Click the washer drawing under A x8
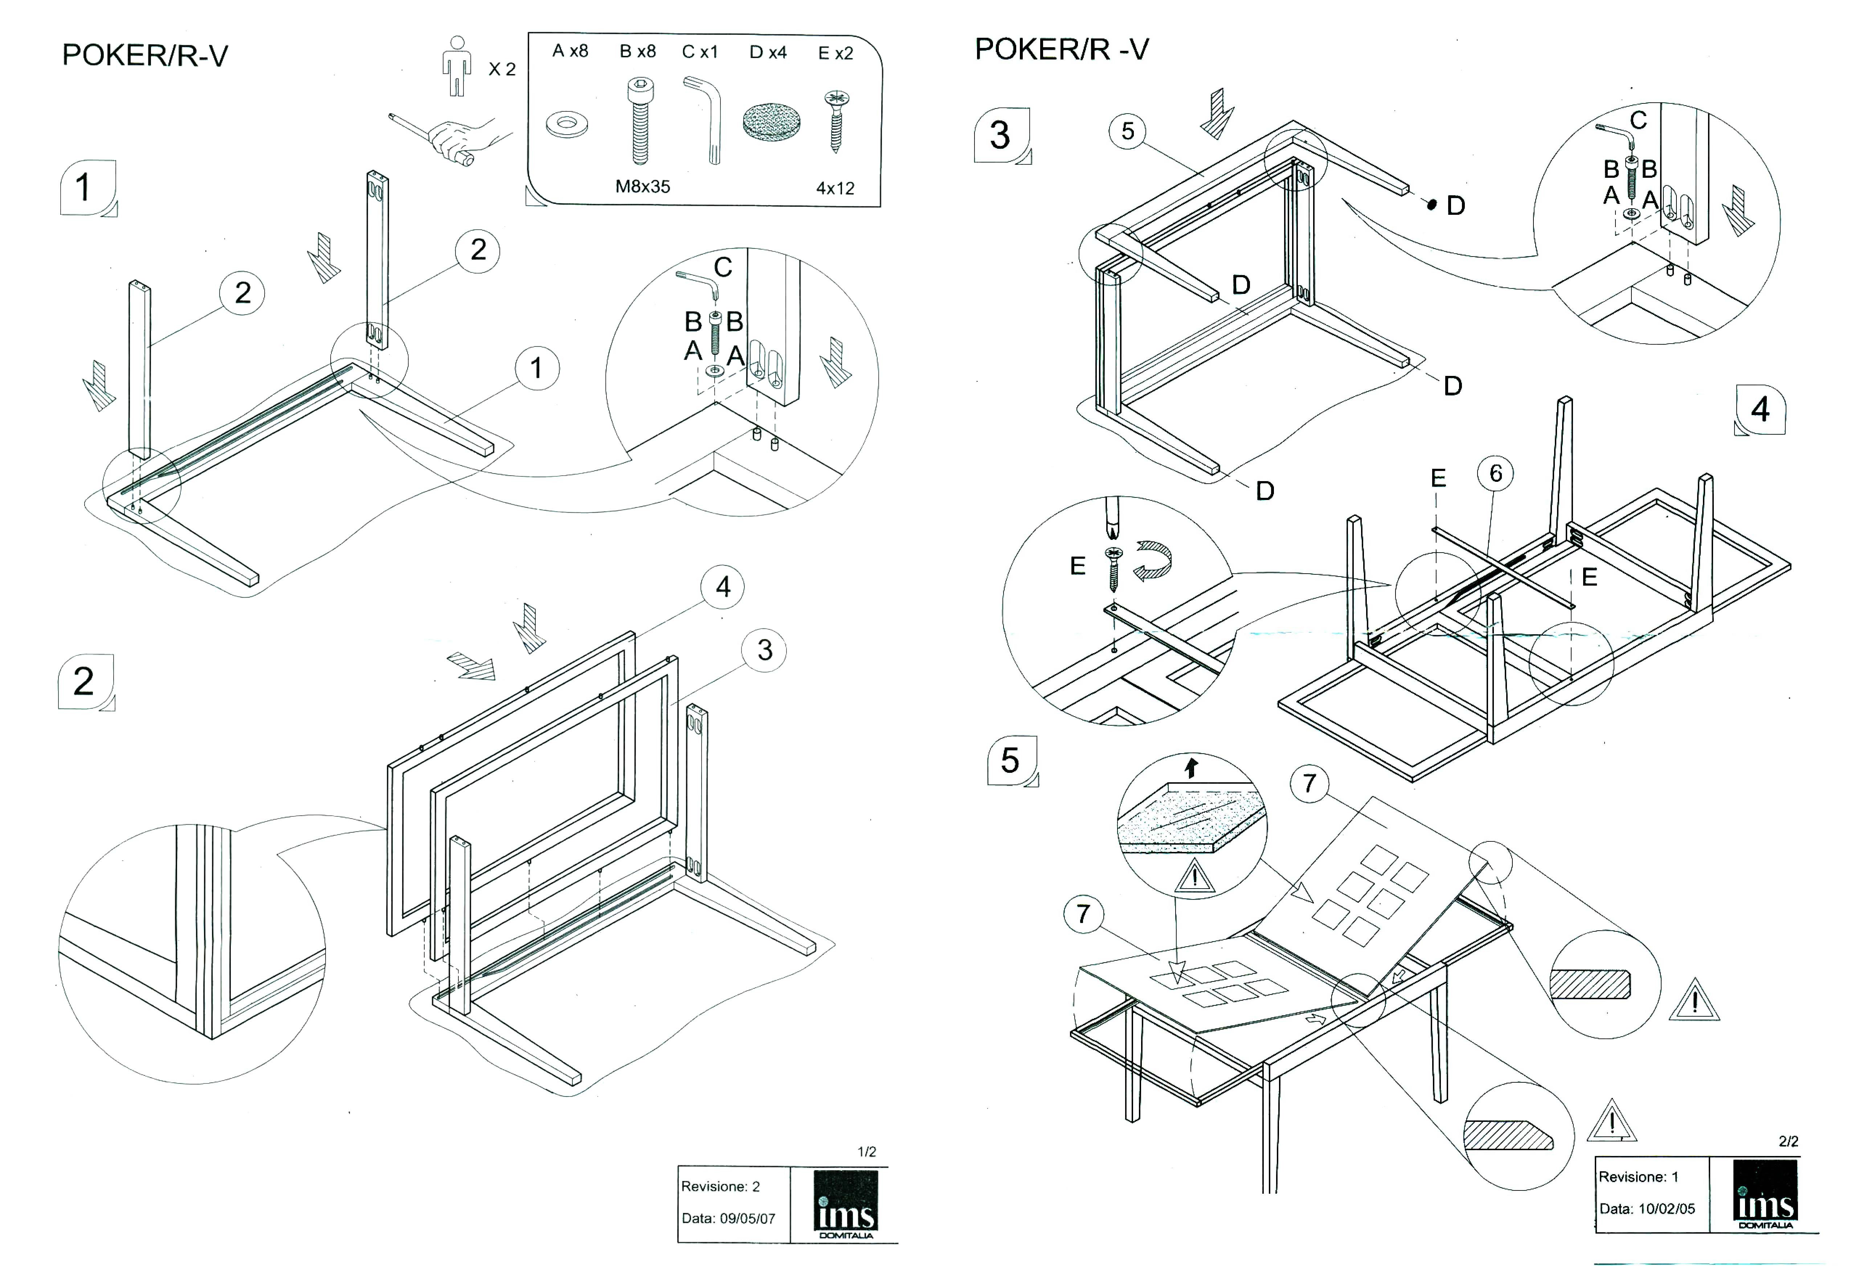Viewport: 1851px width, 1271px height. click(567, 124)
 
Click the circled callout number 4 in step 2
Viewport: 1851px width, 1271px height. click(722, 587)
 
